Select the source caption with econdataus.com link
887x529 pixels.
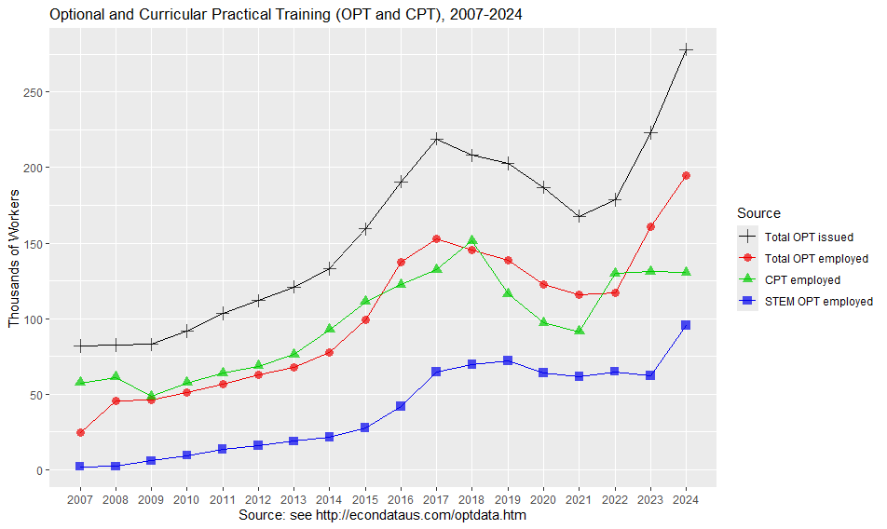383,515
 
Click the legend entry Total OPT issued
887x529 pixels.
808,237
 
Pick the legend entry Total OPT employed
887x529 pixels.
815,258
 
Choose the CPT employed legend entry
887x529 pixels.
802,279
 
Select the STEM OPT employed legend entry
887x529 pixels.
818,301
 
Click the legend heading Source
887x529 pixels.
757,213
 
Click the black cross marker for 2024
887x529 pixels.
686,49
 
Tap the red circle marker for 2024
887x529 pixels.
686,175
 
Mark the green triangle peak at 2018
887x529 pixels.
472,240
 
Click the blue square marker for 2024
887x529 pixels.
686,325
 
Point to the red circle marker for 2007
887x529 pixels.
80,432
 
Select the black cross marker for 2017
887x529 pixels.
436,139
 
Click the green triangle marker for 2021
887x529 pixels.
579,331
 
